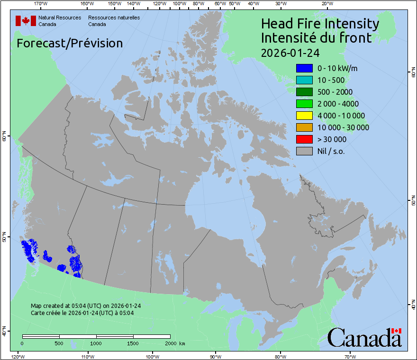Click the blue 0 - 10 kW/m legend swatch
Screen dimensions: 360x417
[x=304, y=68]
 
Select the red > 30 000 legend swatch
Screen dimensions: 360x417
[x=304, y=139]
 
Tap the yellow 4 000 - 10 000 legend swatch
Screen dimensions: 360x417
[x=304, y=116]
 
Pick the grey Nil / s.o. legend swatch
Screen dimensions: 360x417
[x=304, y=151]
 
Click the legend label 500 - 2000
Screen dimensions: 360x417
[x=335, y=92]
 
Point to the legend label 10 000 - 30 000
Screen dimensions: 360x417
[x=343, y=127]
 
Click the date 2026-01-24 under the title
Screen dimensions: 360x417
[x=290, y=53]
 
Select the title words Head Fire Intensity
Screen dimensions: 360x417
[x=320, y=24]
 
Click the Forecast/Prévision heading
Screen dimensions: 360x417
[x=70, y=43]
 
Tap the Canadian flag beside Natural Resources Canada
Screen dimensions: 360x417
[x=26, y=21]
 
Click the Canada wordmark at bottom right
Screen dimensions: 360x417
[x=364, y=338]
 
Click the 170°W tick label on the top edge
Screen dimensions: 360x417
[x=41, y=4]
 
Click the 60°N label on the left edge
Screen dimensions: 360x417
[x=4, y=138]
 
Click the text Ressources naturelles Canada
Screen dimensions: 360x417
[x=114, y=21]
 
